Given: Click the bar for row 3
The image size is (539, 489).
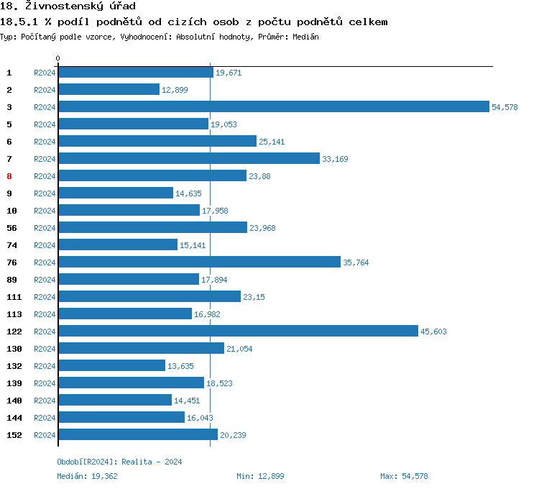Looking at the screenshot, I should (273, 106).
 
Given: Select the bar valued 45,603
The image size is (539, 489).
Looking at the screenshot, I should (238, 331).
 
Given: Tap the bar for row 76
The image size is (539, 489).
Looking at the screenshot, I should (199, 262).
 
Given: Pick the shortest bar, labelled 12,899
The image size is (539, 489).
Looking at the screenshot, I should (109, 89).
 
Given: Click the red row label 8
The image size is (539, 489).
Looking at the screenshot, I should (9, 176).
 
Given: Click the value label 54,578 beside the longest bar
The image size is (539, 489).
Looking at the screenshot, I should (505, 107).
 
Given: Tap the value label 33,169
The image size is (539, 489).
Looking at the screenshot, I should (335, 159).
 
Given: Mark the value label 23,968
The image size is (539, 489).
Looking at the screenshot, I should (262, 228).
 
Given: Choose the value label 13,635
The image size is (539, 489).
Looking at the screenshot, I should (180, 366).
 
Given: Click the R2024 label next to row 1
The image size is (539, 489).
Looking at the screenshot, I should (45, 73).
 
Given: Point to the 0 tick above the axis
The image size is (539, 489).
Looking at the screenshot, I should (58, 58).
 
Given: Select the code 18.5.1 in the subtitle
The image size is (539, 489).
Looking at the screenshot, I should (19, 22).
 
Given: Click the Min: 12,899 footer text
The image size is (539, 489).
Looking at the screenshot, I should (260, 476).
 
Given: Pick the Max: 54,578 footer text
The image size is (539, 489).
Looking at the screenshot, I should (404, 476).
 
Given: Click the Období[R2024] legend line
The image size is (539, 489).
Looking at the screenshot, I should (119, 462).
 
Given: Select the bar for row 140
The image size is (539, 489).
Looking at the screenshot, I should (115, 400).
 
